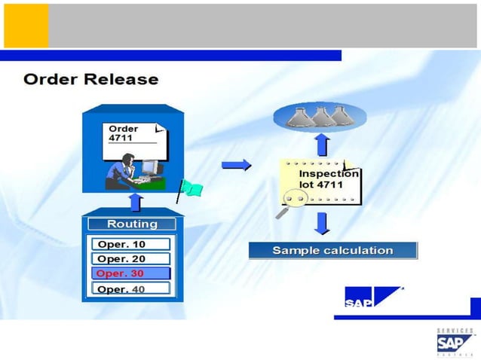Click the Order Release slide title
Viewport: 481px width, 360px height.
(91, 79)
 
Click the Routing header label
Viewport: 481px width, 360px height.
(132, 224)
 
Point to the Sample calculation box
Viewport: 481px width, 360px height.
(332, 250)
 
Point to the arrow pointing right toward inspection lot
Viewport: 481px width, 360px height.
(236, 166)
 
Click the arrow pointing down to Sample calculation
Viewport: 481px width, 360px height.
(322, 223)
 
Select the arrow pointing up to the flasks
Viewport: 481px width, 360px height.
(322, 144)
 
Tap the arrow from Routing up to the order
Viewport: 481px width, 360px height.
(135, 202)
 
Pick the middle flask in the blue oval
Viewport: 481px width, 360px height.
(321, 115)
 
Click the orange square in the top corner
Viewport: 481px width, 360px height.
(26, 26)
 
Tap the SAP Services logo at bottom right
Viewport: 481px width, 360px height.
(455, 342)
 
